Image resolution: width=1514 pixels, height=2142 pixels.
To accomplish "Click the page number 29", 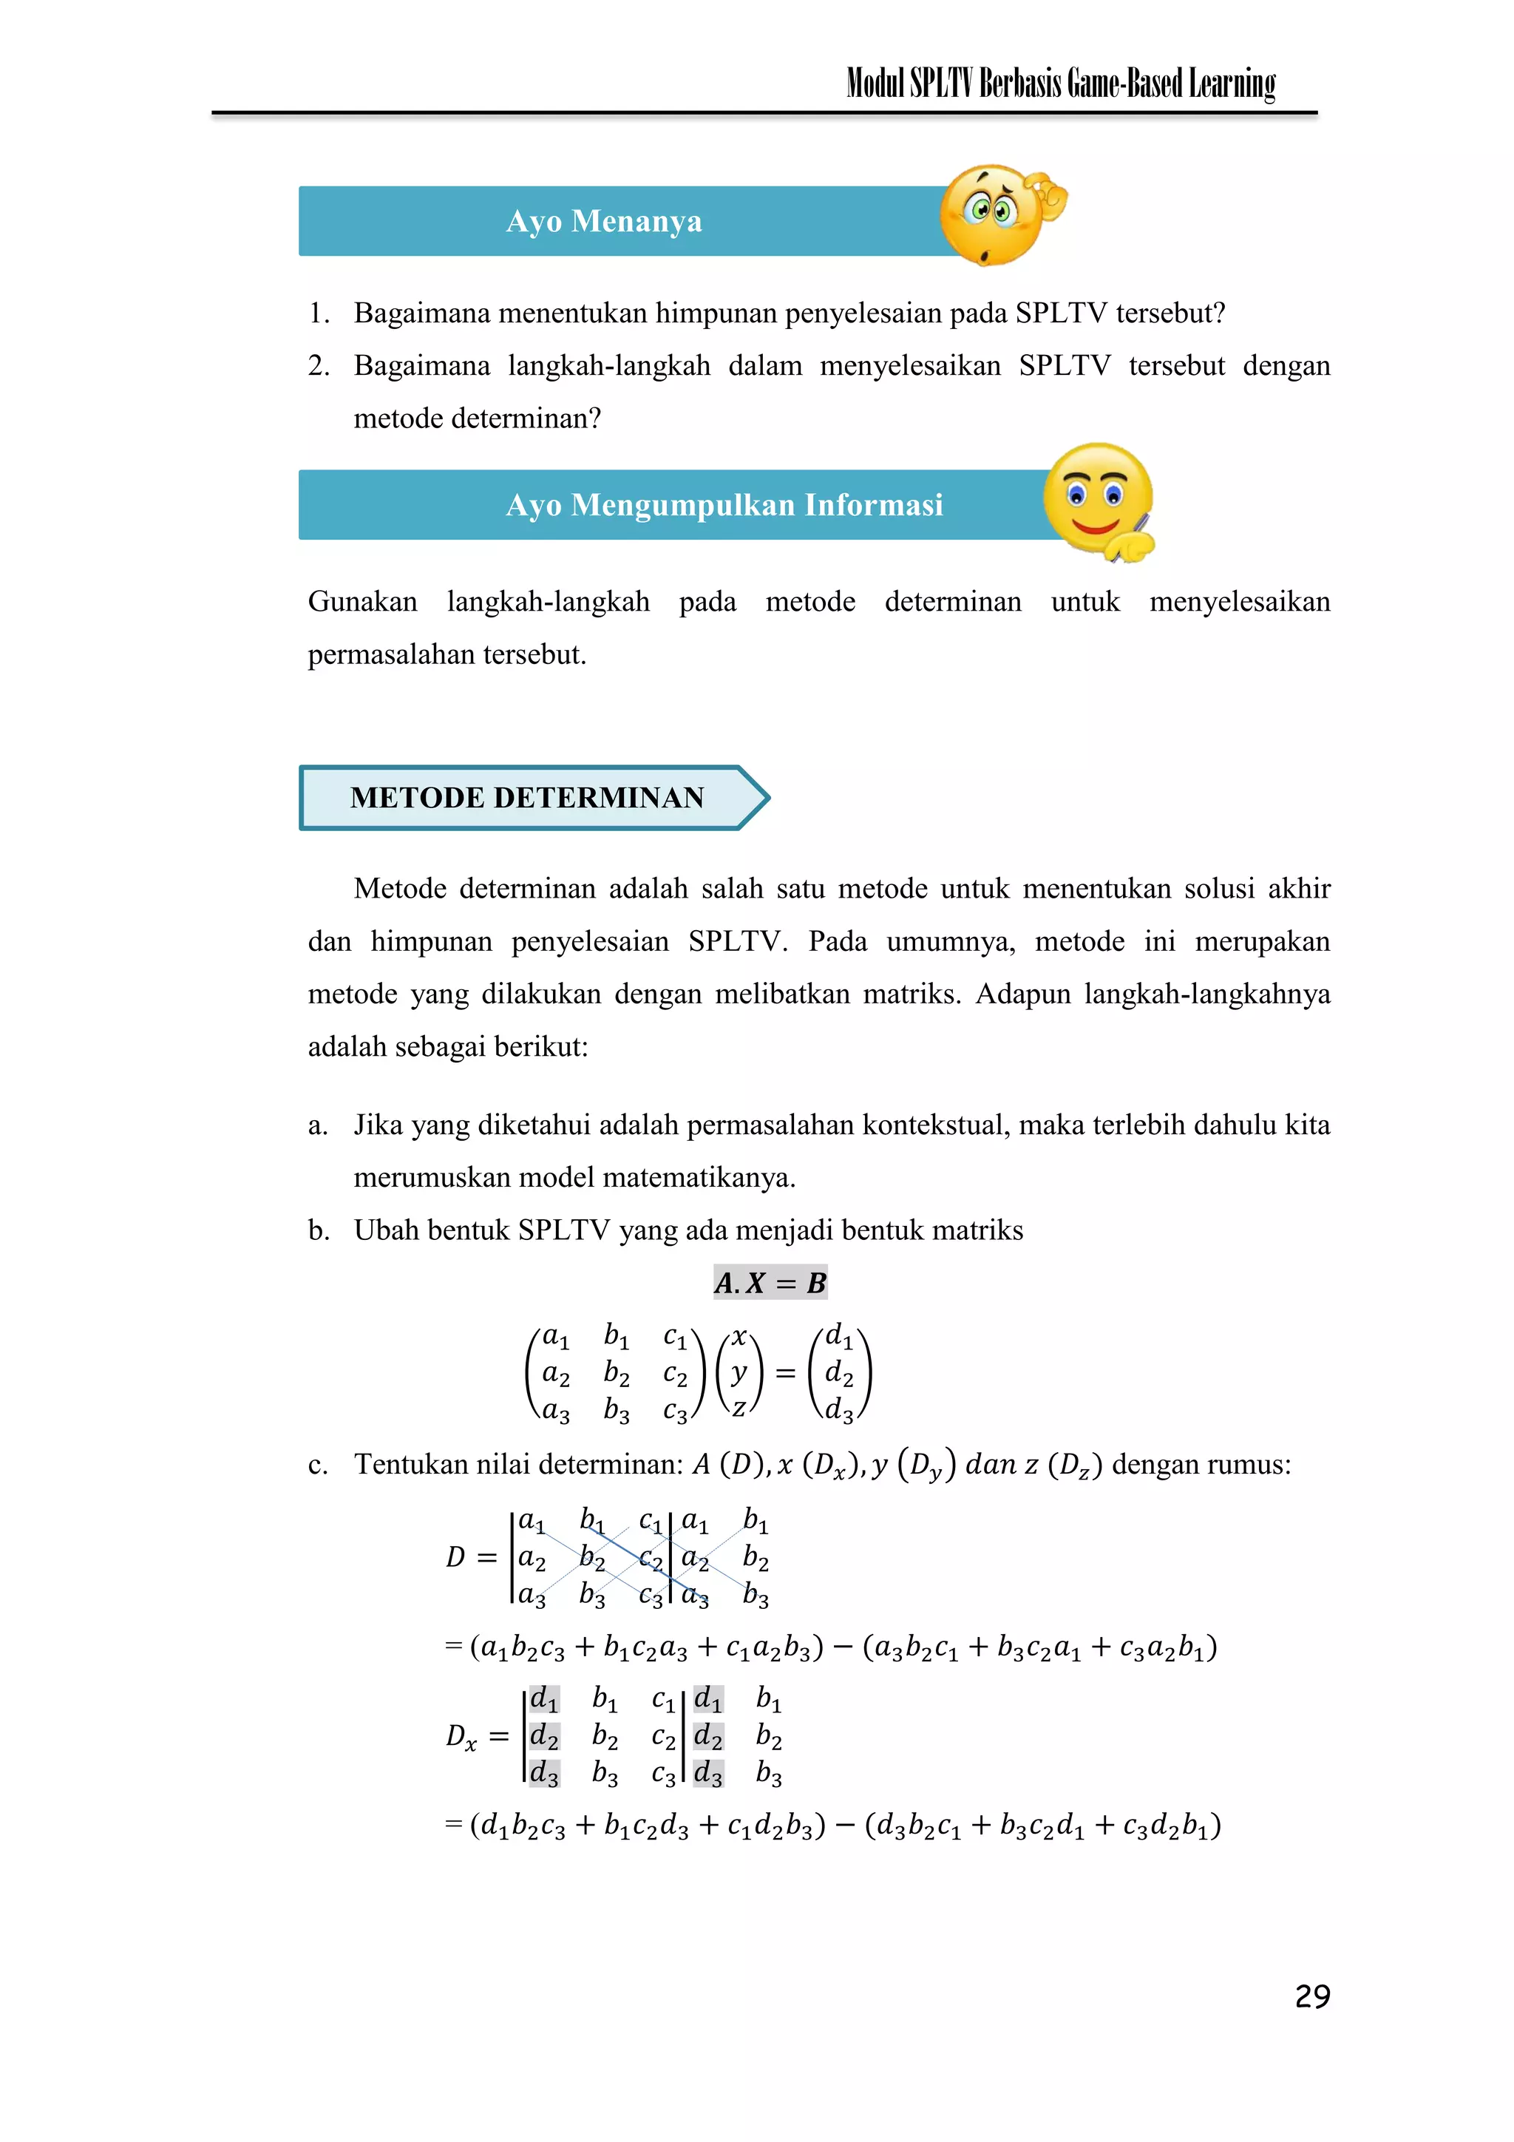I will click(x=1311, y=1996).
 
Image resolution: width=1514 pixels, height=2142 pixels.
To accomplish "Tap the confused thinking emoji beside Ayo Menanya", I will click(x=997, y=215).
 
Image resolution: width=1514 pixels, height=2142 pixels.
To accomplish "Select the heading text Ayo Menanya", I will click(x=603, y=221).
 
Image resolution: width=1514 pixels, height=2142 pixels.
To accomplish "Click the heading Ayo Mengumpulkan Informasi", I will click(x=724, y=505).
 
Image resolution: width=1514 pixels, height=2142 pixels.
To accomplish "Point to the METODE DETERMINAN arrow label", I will click(x=528, y=798).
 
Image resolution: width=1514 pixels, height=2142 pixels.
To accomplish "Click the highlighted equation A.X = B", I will click(x=770, y=1283).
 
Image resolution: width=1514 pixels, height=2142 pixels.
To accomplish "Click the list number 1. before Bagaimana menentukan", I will click(x=319, y=313).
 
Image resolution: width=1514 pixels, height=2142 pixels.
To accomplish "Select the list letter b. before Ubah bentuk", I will click(x=319, y=1230).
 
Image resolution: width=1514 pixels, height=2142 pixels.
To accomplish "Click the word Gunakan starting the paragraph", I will click(x=363, y=602).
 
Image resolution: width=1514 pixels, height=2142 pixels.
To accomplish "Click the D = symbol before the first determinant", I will click(x=470, y=1557).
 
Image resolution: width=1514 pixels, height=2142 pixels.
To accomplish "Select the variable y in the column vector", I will click(x=739, y=1372).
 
